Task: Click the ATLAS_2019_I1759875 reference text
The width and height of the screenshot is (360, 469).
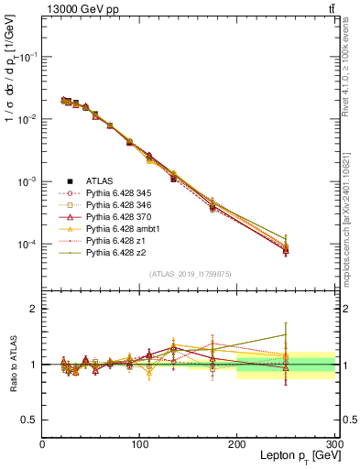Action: coord(189,272)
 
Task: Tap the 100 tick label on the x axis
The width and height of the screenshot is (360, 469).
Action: coord(139,444)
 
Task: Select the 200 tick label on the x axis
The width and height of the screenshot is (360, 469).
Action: coord(237,444)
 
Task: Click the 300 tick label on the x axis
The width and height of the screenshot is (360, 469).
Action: coord(333,444)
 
